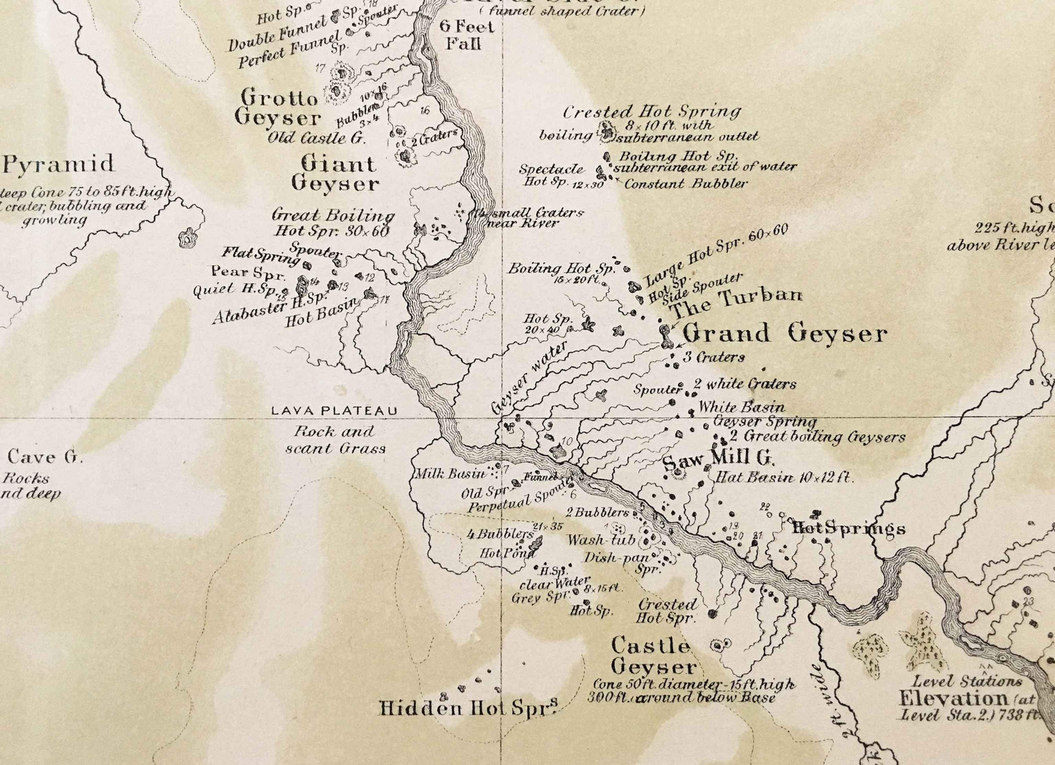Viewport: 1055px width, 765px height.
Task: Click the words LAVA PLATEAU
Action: [334, 411]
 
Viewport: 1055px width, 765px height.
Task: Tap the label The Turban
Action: [737, 301]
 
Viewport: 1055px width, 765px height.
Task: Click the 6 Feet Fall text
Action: [467, 35]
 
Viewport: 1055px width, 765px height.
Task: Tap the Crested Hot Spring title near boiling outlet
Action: [651, 112]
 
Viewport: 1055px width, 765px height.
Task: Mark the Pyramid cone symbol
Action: [188, 239]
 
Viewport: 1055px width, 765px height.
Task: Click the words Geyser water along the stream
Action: [530, 377]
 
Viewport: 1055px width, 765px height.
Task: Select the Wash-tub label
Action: [601, 540]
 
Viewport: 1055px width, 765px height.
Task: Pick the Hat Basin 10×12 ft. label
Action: [784, 477]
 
